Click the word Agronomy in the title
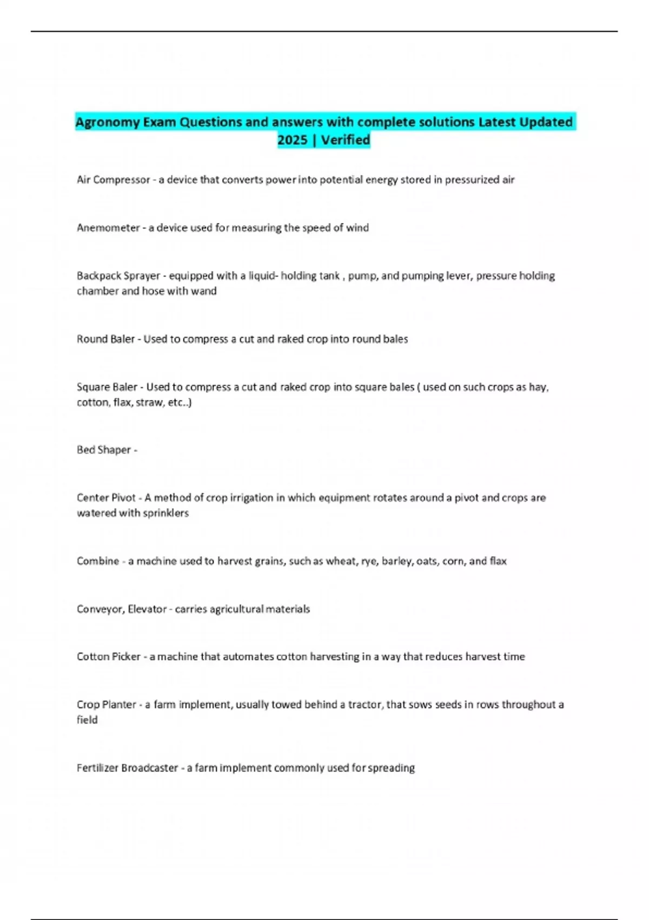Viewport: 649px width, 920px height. [x=107, y=122]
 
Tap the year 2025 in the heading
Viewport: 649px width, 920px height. [x=292, y=140]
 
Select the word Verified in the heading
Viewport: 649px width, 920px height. [x=346, y=140]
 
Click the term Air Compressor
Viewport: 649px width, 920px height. [x=113, y=180]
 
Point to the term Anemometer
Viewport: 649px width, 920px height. [x=108, y=228]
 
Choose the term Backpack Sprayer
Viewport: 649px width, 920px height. [x=118, y=276]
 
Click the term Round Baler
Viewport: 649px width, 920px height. [x=105, y=339]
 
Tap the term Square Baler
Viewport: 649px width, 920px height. [x=107, y=387]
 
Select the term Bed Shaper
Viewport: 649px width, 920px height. [x=104, y=450]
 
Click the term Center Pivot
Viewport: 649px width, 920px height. [x=106, y=498]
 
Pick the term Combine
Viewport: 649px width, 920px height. [x=98, y=561]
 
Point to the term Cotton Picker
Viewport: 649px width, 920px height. [x=109, y=657]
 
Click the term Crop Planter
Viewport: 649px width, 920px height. [x=107, y=705]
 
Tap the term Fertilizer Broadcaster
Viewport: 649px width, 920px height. [x=127, y=768]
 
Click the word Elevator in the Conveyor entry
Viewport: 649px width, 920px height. [x=147, y=609]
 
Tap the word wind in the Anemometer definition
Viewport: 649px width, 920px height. [x=357, y=228]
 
